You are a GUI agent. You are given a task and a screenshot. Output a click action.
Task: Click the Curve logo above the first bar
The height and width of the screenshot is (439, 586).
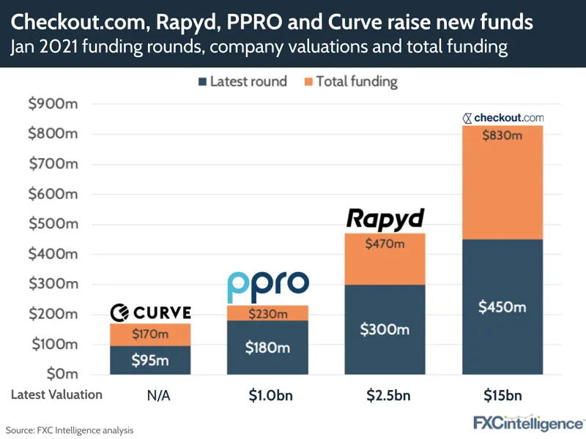[150, 313]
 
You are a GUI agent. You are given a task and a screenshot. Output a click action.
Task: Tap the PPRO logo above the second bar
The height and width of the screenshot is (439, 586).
[267, 287]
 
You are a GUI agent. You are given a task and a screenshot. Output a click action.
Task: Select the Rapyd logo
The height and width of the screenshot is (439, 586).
[385, 219]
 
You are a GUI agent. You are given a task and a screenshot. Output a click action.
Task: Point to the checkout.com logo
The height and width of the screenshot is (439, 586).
[503, 117]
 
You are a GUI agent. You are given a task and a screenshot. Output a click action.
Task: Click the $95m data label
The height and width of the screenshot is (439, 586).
[150, 359]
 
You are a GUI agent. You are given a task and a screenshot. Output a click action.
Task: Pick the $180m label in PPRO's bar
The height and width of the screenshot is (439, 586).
[267, 346]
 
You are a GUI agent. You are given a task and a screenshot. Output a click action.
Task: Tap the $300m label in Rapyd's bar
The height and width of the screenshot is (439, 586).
[385, 329]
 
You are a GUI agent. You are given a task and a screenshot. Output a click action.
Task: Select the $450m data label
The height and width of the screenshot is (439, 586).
[502, 307]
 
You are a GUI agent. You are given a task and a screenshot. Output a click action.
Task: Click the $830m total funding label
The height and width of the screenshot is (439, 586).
[502, 135]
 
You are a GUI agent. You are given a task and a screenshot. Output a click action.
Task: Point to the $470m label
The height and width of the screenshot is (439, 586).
[385, 244]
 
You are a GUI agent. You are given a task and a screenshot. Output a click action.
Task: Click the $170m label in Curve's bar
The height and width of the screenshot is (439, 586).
[150, 334]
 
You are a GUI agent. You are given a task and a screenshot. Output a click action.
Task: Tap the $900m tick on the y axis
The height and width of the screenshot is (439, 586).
[52, 104]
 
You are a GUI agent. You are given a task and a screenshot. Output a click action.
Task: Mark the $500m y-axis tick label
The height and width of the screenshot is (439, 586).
[52, 224]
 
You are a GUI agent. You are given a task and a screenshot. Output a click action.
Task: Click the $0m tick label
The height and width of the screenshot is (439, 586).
[58, 374]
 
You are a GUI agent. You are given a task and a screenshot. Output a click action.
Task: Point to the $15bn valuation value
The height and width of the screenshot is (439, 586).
[502, 395]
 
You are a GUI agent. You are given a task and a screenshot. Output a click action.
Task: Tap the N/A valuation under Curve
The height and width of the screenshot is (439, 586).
[150, 395]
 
